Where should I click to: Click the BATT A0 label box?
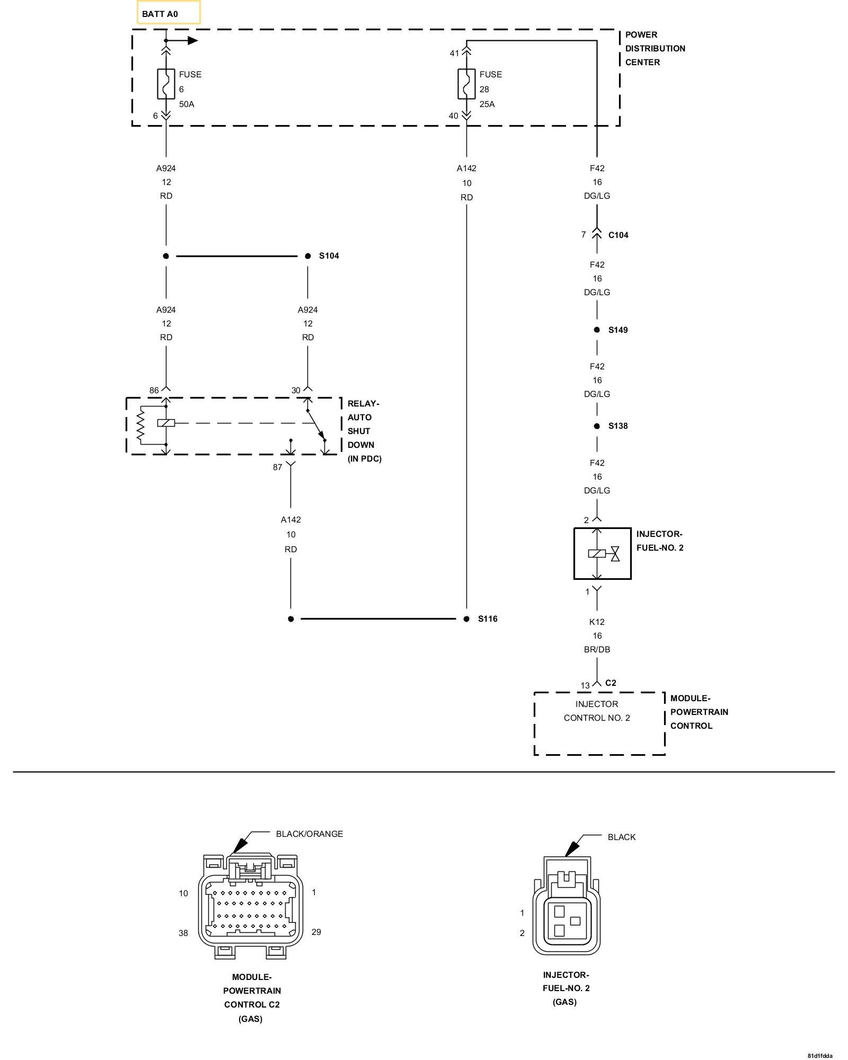click(x=169, y=13)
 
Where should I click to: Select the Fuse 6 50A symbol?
click(x=166, y=84)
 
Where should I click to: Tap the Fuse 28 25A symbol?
click(x=466, y=84)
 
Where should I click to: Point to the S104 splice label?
click(x=329, y=256)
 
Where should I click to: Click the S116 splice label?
click(x=488, y=619)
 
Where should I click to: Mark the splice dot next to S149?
click(x=597, y=330)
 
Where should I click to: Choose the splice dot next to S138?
click(x=597, y=426)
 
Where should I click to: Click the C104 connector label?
click(x=618, y=235)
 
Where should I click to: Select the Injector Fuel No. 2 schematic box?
click(x=602, y=553)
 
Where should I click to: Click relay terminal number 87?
click(x=278, y=467)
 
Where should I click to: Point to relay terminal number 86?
click(x=154, y=391)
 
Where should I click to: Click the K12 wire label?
click(x=597, y=622)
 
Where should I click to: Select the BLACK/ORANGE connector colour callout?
click(x=309, y=834)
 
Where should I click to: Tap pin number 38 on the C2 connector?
click(x=183, y=948)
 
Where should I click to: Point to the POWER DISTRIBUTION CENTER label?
click(x=655, y=49)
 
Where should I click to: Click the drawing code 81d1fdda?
click(x=820, y=1055)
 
